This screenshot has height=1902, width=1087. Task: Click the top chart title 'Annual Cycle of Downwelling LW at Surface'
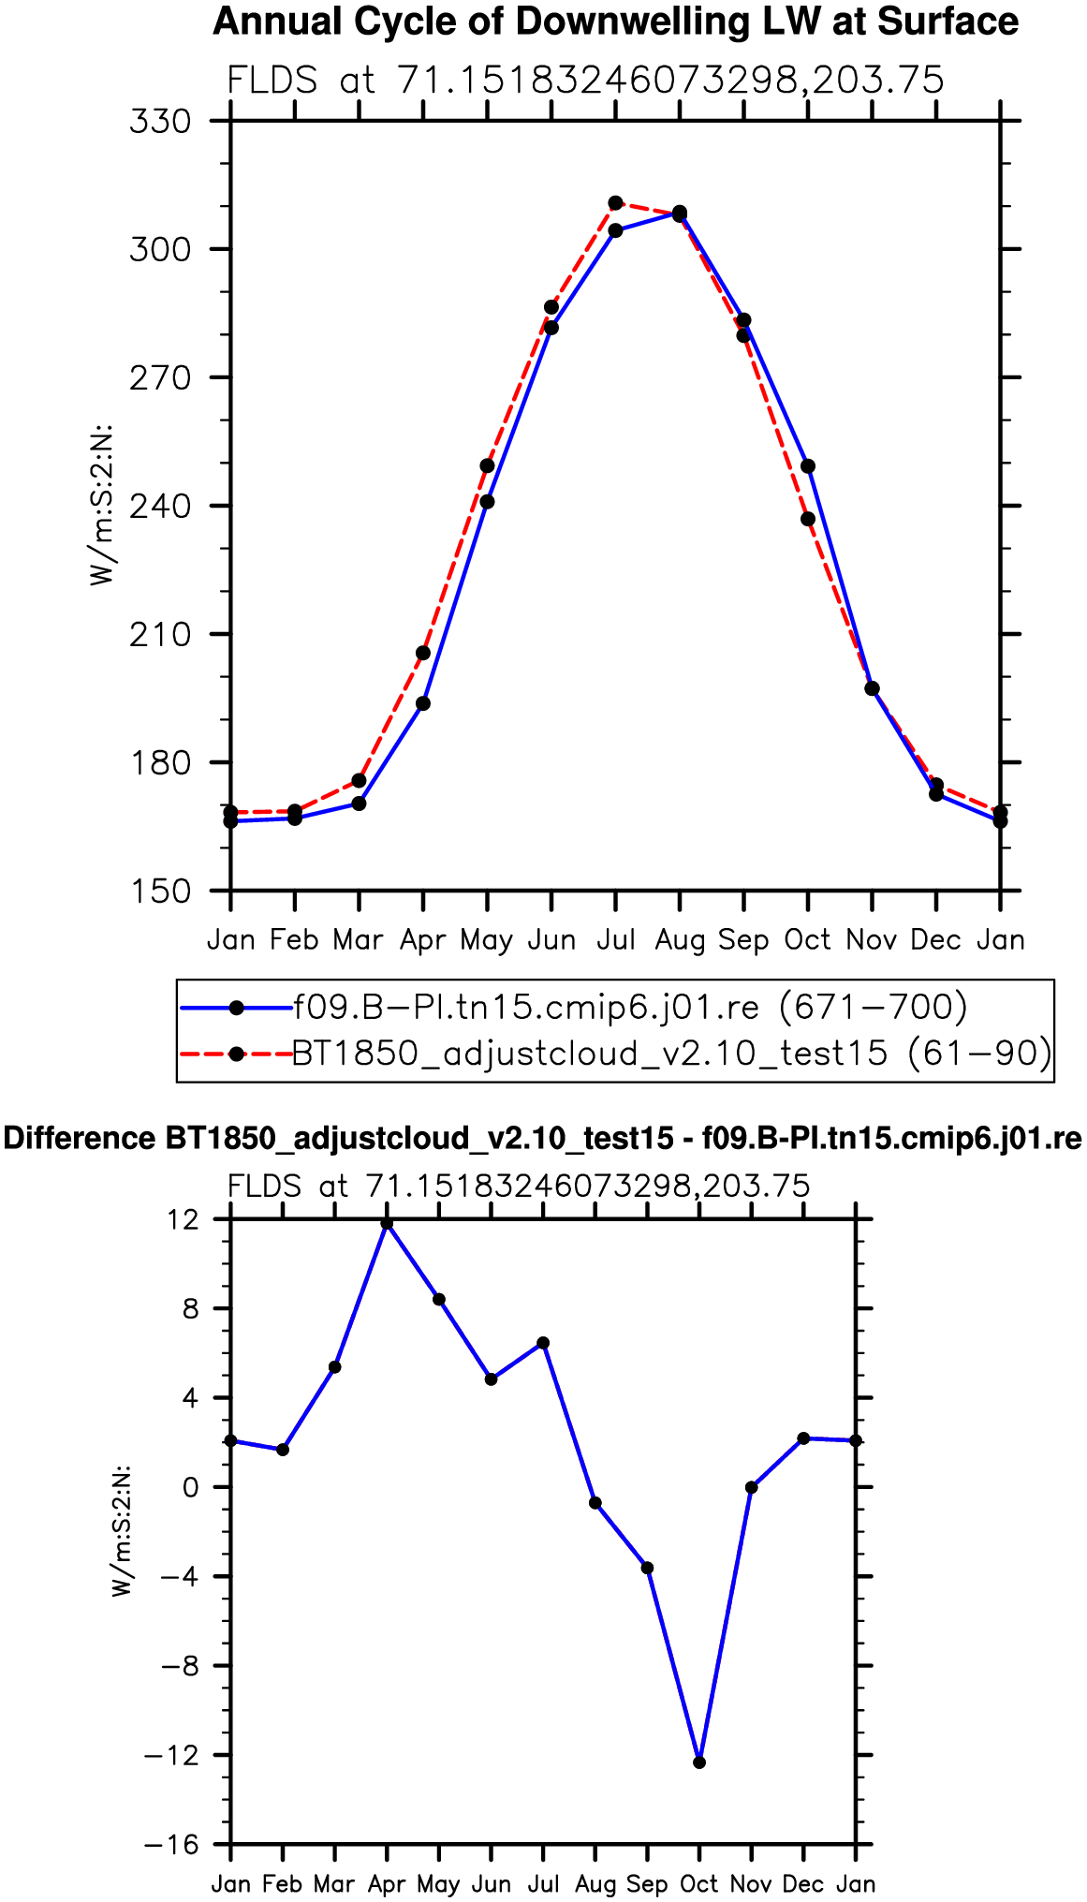(x=615, y=22)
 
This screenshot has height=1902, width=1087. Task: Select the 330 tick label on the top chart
(x=160, y=122)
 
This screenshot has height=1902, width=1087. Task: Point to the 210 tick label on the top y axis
(x=160, y=635)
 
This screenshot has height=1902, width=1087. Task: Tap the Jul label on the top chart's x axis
(x=616, y=939)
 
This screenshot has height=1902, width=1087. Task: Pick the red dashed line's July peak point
(x=615, y=203)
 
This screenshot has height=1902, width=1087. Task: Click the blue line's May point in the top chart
(x=487, y=502)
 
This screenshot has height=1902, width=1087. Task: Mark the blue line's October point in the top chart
(x=808, y=466)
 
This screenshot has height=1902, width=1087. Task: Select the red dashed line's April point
(x=423, y=653)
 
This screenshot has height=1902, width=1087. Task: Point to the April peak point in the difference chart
(x=387, y=1223)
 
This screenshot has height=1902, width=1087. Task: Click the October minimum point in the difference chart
(x=699, y=1762)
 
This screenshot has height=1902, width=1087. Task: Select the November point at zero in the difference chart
(x=751, y=1487)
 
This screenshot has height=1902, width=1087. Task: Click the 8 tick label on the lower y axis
(x=192, y=1308)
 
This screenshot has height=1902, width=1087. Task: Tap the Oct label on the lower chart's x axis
(x=699, y=1884)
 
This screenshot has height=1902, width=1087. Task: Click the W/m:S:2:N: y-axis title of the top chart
(x=101, y=506)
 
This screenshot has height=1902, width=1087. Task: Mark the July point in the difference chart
(x=543, y=1343)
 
